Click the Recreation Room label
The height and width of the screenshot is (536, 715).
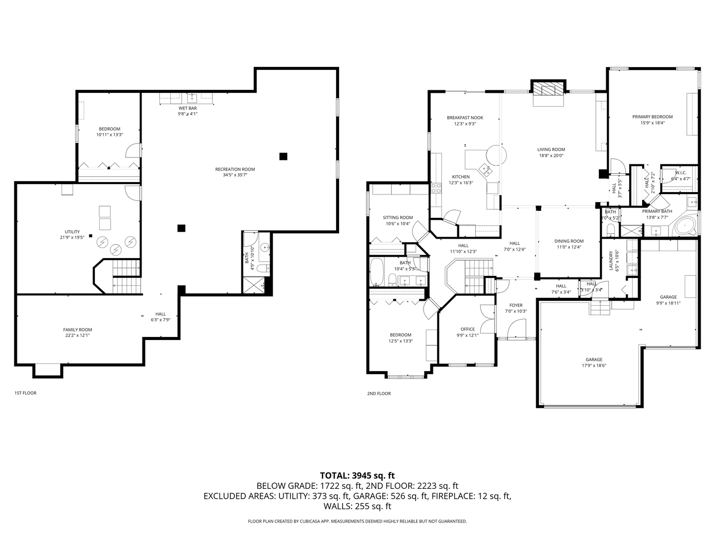coord(235,169)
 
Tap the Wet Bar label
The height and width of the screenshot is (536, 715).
coord(188,108)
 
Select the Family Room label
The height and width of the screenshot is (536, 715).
coord(77,330)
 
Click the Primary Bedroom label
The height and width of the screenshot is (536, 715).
coord(652,117)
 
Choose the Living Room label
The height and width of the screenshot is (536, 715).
coord(551,149)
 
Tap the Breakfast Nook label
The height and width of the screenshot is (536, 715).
coord(465,118)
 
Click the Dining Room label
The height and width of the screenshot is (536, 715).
coord(569,241)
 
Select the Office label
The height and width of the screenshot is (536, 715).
coord(467,329)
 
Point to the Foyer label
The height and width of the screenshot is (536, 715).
coord(516,305)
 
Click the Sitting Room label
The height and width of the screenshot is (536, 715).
coord(398,217)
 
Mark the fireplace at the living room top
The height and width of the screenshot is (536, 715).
coord(549,89)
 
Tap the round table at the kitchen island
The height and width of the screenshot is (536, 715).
coord(496,154)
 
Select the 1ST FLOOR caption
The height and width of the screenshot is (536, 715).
coord(25,393)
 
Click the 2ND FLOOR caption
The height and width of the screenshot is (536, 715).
coord(379,394)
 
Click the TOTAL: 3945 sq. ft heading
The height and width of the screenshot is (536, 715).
coord(357,475)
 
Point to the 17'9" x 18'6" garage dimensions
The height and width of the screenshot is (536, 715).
coord(594,365)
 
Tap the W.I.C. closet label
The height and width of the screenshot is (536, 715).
coord(680,173)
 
